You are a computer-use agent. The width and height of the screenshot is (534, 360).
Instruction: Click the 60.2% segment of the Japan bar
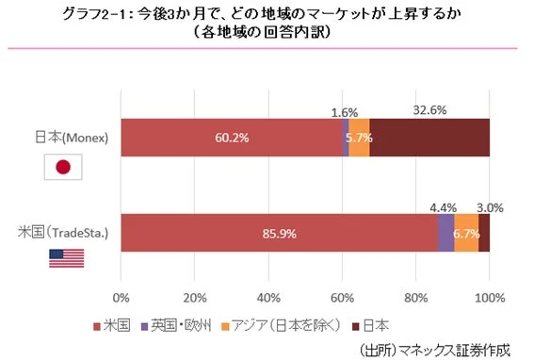[x=231, y=138]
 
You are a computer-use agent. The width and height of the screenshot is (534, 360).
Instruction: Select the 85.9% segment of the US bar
[x=279, y=233]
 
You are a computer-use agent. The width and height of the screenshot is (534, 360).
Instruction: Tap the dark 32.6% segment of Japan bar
[x=429, y=138]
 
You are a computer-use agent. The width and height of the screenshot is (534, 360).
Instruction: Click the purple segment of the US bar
[x=445, y=233]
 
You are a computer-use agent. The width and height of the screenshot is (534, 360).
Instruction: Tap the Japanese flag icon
[x=64, y=167]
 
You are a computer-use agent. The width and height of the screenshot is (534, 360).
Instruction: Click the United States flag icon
[x=66, y=258]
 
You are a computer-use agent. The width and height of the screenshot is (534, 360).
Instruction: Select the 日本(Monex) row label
[x=67, y=138]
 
